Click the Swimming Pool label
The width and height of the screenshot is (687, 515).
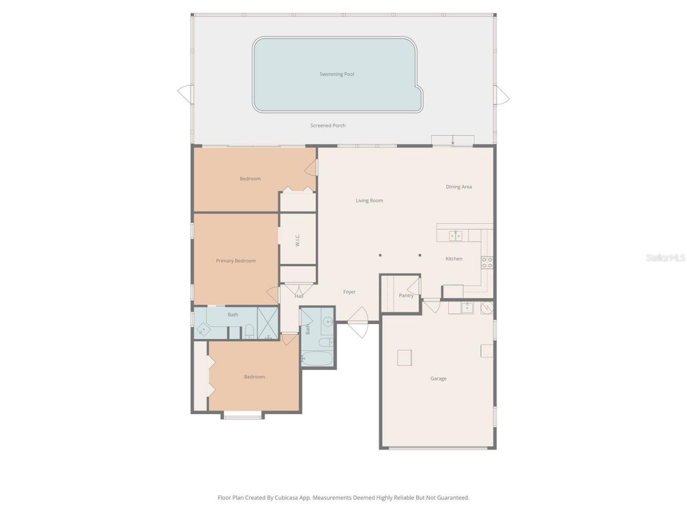coord(337,74)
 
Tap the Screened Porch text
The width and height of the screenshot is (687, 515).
coord(328,126)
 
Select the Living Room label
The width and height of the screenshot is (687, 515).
coord(369,201)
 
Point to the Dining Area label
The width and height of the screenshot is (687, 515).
coord(459,187)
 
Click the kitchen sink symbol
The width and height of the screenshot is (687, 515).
coord(456,236)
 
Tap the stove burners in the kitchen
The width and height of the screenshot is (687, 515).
coord(487,262)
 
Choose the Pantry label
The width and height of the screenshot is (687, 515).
coord(406,296)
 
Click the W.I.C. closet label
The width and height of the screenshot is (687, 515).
coord(297,240)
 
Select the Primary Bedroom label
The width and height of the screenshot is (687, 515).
coord(236,261)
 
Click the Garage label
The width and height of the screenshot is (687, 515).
coord(438,379)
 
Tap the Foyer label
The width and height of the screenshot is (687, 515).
coord(349,292)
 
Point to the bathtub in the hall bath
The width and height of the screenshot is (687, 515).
coord(317,358)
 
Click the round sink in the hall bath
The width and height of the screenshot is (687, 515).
coord(327,322)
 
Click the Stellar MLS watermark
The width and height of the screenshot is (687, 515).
coord(666,258)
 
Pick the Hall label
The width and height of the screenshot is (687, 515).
coord(299,296)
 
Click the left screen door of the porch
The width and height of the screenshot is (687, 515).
coord(185,94)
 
